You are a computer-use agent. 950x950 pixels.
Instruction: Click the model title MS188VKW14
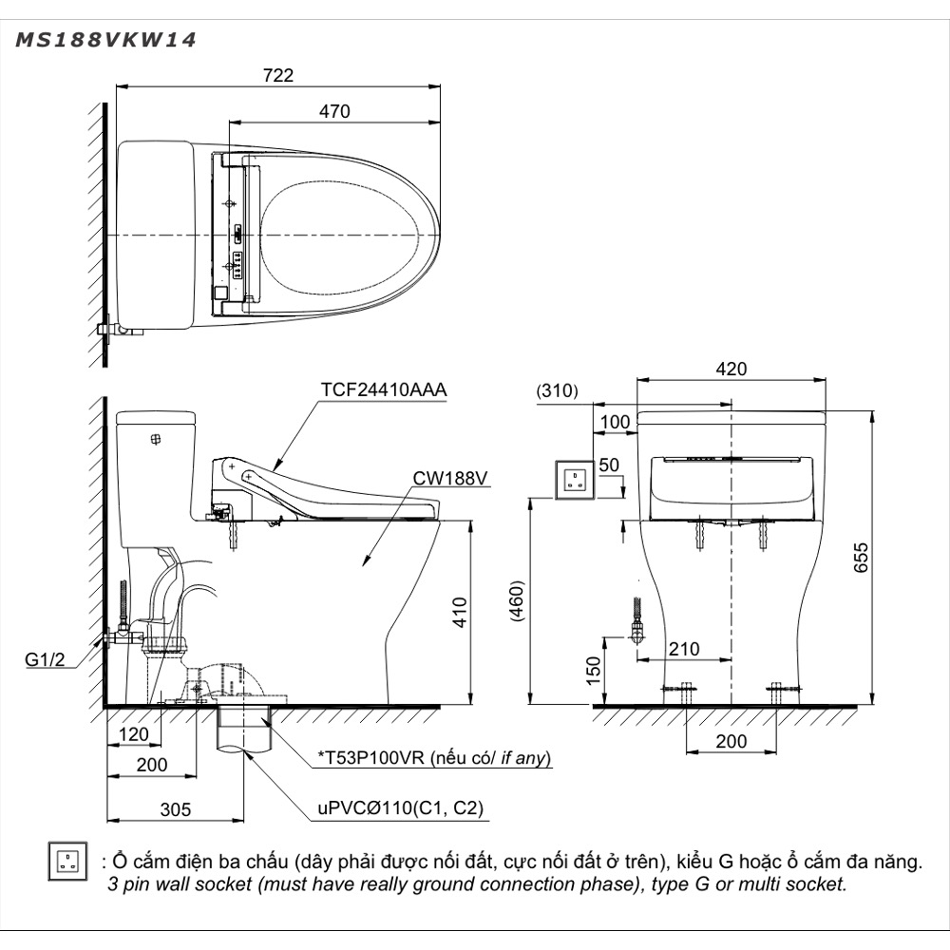(105, 41)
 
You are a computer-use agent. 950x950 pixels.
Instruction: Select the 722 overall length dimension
(278, 75)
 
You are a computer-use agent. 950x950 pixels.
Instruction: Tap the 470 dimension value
(334, 111)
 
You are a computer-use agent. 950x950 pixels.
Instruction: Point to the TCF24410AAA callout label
(383, 390)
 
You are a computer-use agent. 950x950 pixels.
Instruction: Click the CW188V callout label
(450, 479)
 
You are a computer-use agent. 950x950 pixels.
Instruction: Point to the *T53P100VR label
(435, 758)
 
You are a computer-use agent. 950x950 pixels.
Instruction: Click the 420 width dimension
(731, 369)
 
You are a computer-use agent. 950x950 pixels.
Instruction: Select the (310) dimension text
(556, 390)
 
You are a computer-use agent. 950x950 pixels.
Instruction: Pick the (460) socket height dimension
(517, 601)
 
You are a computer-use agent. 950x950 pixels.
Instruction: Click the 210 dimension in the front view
(683, 650)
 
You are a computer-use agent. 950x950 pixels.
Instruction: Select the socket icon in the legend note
(66, 860)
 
